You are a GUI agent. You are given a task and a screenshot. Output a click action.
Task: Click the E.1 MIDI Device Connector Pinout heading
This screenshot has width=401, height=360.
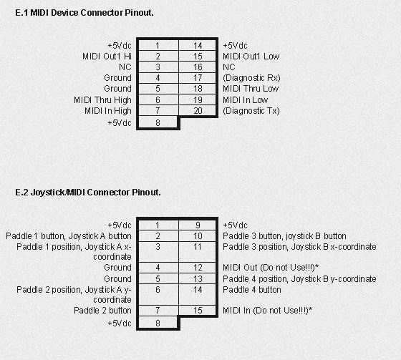(x=84, y=13)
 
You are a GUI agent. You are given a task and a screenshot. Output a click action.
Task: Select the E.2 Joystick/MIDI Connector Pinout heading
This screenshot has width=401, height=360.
(x=88, y=193)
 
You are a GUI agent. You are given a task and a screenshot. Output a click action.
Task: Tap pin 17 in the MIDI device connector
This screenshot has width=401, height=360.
(x=198, y=78)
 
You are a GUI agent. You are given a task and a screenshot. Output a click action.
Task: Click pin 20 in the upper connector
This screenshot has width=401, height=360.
(x=198, y=111)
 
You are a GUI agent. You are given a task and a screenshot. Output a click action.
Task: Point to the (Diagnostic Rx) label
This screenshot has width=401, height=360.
(x=251, y=78)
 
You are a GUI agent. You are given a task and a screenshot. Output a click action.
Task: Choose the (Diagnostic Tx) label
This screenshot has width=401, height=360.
(x=251, y=111)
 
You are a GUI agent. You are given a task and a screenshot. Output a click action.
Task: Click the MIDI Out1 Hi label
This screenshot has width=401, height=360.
(x=107, y=57)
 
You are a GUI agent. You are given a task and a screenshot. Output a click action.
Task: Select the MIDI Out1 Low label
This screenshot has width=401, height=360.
(x=251, y=57)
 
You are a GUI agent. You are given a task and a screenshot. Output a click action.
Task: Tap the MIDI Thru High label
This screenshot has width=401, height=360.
(x=102, y=100)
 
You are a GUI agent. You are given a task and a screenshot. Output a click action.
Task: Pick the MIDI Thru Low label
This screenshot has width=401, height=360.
(x=251, y=89)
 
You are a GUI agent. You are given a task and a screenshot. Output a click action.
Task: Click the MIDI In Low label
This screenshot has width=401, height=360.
(x=245, y=100)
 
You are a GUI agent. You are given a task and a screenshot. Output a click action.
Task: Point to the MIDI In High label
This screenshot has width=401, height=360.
(x=108, y=111)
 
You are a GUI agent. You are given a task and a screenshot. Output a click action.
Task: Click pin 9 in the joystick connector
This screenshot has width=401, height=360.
(x=198, y=225)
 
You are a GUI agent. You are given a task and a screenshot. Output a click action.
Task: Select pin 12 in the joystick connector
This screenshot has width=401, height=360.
(x=198, y=268)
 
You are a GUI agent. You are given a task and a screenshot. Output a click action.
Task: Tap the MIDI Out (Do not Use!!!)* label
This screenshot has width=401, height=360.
(x=271, y=268)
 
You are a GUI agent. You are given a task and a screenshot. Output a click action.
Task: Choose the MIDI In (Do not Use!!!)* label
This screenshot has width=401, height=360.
(x=268, y=311)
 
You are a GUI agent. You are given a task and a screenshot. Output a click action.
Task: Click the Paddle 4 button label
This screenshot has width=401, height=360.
(x=252, y=290)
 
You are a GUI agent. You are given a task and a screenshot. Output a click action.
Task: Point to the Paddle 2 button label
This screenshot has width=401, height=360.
(x=102, y=311)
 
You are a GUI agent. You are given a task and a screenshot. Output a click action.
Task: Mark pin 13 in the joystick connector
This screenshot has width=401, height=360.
(x=198, y=279)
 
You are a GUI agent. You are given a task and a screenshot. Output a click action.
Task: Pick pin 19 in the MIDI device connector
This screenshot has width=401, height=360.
(x=198, y=100)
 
